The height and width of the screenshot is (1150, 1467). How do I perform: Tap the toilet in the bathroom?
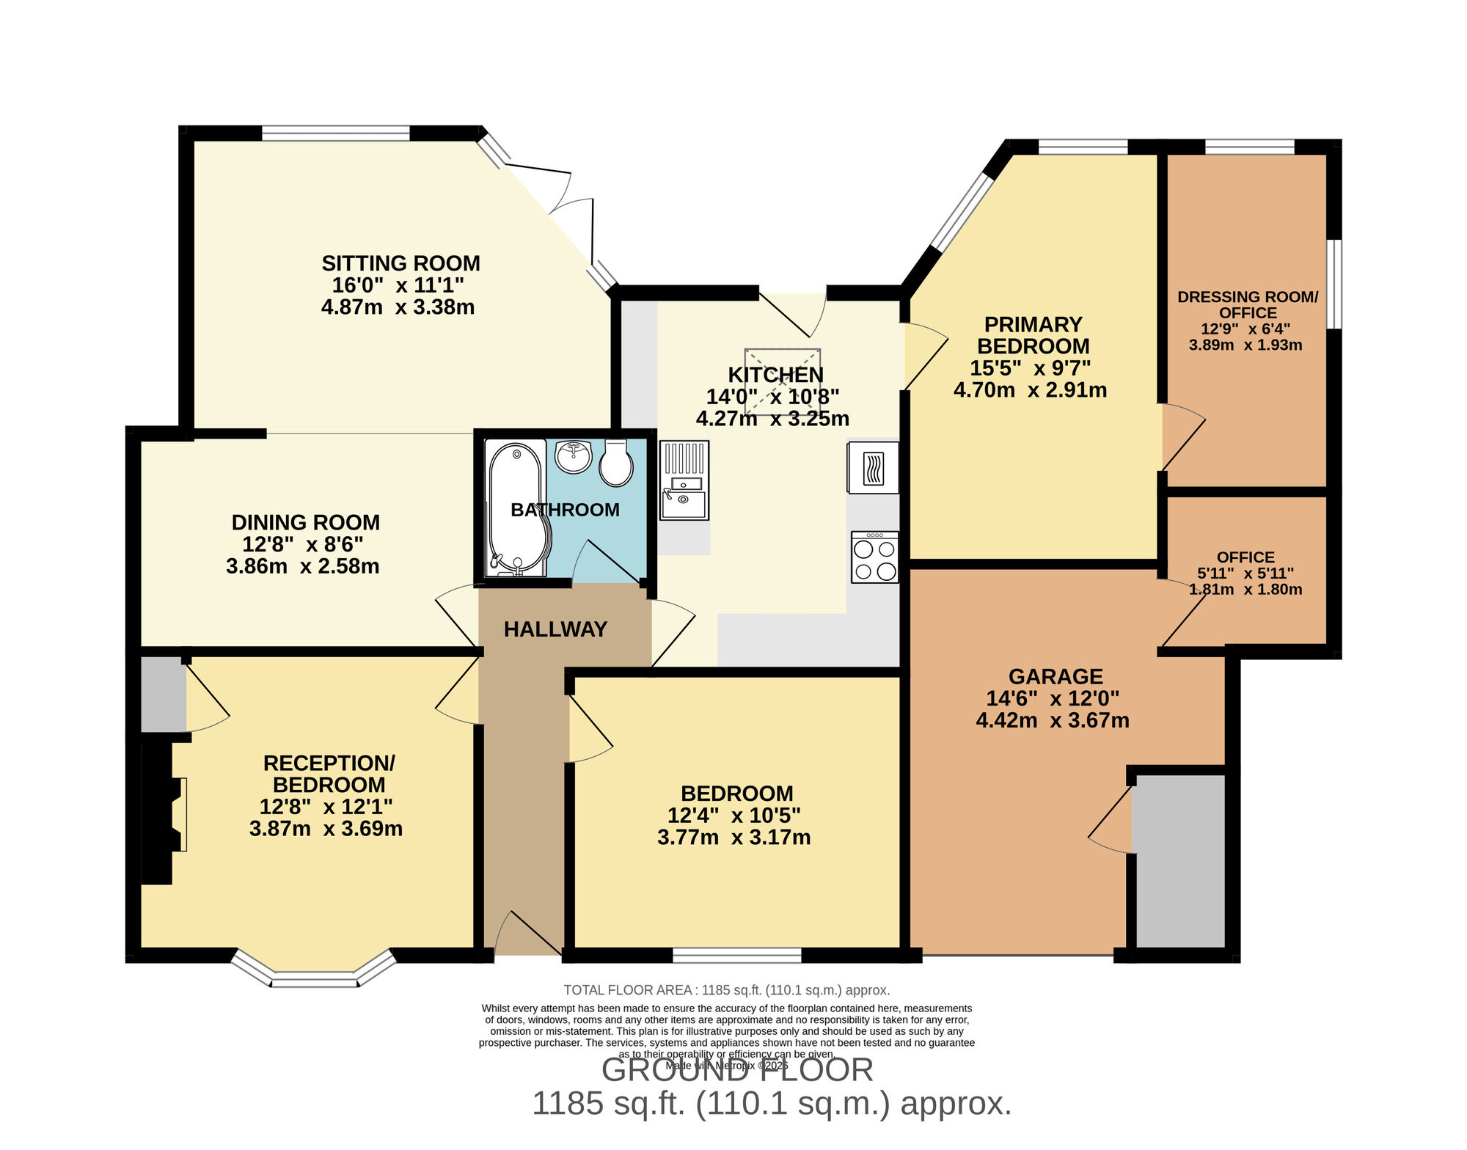point(616,464)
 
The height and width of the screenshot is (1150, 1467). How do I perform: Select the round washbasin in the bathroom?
point(573,456)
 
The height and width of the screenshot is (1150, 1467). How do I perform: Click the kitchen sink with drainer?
point(684,480)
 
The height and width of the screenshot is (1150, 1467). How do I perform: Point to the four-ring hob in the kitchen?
point(874,558)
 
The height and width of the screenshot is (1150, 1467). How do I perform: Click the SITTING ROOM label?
point(400,263)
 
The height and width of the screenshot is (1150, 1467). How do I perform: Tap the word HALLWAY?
point(555,629)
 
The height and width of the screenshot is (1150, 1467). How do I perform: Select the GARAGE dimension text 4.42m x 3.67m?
point(1052,720)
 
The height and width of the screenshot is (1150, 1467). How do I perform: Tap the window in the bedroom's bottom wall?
point(736,955)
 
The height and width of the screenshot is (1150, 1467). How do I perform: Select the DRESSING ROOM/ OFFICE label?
point(1248,304)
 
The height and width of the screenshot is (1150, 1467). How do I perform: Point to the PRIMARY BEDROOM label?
point(1033,335)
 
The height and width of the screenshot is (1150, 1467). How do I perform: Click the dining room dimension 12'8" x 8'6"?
point(303,544)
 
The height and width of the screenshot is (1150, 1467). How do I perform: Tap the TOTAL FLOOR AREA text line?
point(726,990)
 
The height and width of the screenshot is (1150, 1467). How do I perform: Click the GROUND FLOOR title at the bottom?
point(737,1070)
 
